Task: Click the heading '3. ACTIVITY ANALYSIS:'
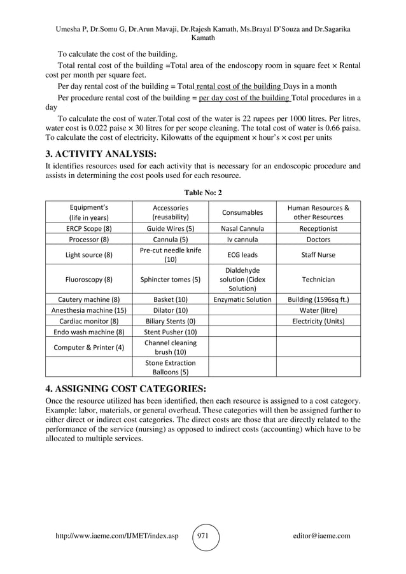click(x=102, y=153)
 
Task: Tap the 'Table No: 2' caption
click(x=202, y=193)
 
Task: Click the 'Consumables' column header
click(x=242, y=212)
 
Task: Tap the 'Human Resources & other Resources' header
click(x=318, y=212)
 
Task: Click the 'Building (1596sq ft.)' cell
click(x=318, y=299)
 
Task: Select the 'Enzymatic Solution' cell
click(x=242, y=299)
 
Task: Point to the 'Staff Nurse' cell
click(x=318, y=255)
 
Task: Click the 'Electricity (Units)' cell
click(x=318, y=321)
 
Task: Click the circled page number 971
click(x=206, y=536)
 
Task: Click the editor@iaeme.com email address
click(x=319, y=536)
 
